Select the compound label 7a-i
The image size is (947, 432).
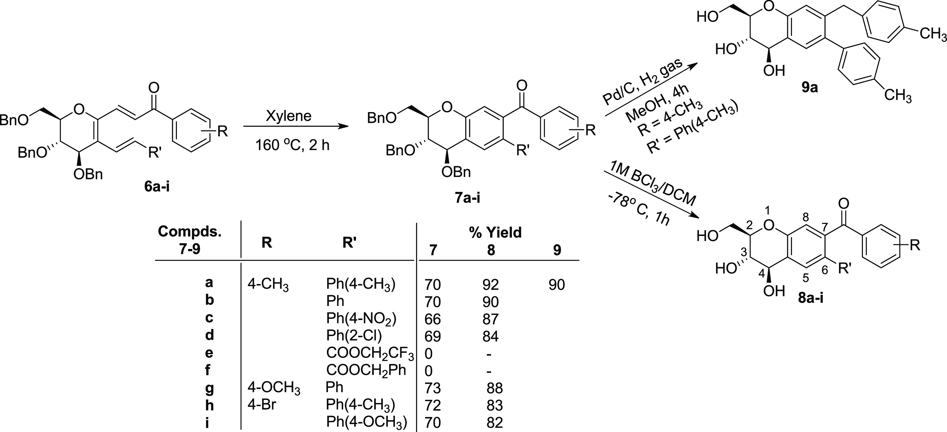click(x=467, y=198)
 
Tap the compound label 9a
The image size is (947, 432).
click(x=809, y=88)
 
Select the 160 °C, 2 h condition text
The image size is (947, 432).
click(x=293, y=145)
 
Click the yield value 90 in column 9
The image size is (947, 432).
click(x=557, y=285)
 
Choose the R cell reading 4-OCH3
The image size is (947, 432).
click(x=274, y=388)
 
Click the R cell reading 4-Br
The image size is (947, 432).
click(x=261, y=405)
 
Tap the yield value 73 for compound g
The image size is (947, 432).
click(x=432, y=388)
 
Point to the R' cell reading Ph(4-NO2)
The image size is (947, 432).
click(x=361, y=319)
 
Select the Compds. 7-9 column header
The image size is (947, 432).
click(x=190, y=239)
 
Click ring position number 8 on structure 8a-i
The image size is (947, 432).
click(x=805, y=218)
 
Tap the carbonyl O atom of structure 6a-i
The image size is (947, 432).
click(x=154, y=88)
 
